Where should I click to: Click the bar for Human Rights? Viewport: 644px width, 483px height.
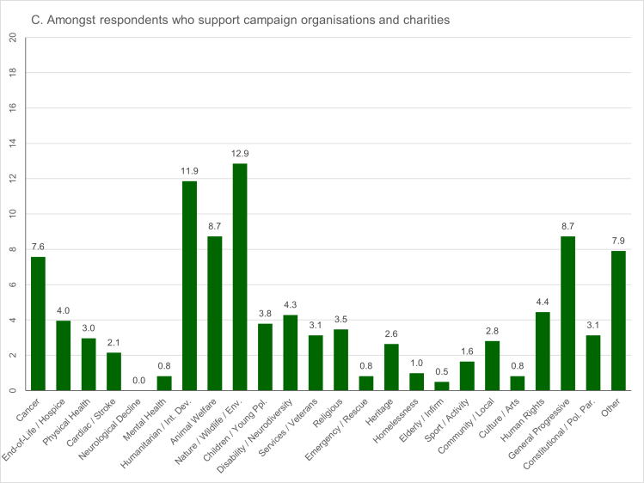(543, 352)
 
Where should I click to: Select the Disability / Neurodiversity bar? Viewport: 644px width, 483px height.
(291, 353)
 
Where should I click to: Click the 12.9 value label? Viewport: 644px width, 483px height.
(240, 154)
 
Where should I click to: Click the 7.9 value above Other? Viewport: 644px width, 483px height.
(618, 241)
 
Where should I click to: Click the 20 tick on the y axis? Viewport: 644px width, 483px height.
(12, 38)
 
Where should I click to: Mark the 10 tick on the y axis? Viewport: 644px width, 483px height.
(12, 215)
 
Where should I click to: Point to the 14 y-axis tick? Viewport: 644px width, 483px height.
(12, 144)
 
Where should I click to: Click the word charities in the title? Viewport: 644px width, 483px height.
(422, 18)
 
